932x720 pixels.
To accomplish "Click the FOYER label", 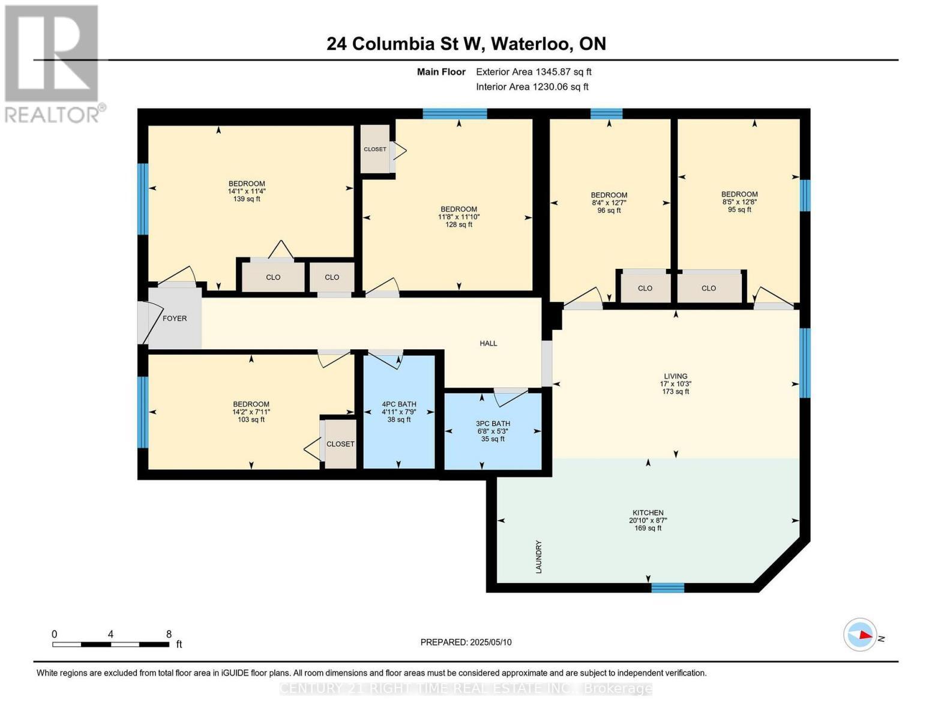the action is (175, 318).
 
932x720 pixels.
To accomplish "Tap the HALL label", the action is (488, 343).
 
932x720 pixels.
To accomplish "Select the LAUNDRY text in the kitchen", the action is (539, 557).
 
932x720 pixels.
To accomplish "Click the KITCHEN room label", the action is (648, 512).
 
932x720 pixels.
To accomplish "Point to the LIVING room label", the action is (676, 376).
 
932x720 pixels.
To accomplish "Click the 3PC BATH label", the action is (493, 423).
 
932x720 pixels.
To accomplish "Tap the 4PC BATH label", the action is (399, 404).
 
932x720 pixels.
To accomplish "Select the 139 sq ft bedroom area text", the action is (247, 199).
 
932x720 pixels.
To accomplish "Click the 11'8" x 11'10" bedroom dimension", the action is (458, 217).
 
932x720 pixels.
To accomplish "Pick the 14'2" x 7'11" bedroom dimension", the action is (251, 412).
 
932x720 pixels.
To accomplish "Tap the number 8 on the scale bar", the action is (169, 634).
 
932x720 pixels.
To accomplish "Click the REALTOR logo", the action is (53, 64).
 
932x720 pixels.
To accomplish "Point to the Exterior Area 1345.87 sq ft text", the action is (534, 72).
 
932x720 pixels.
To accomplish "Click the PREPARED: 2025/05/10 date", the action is (466, 642).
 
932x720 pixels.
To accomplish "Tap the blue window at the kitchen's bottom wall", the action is (667, 587).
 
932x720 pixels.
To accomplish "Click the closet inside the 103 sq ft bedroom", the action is (340, 444).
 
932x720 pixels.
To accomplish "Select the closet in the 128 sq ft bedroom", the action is (375, 149).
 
